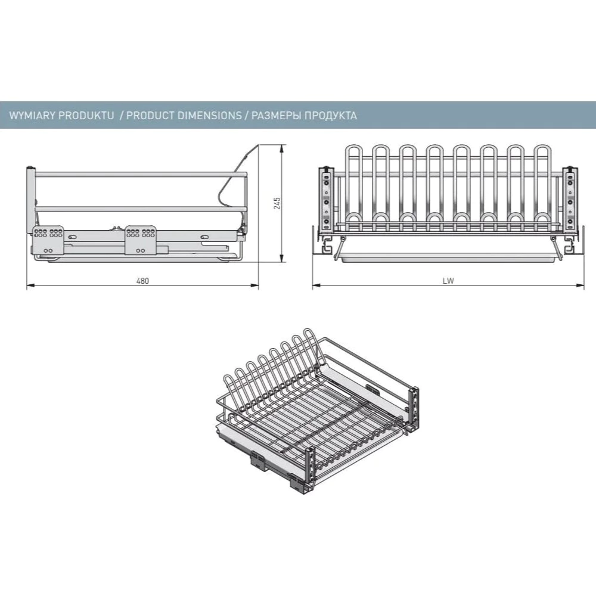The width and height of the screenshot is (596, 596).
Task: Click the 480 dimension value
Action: point(142,281)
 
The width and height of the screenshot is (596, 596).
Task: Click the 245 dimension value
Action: point(277,203)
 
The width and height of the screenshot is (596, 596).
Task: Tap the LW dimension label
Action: point(448,281)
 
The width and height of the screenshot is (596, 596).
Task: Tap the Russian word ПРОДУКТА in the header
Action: point(331,115)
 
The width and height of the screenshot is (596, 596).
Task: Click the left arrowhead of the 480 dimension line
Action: point(30,285)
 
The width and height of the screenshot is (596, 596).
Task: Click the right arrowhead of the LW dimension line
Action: point(581,285)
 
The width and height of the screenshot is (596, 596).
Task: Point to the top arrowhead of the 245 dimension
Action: point(282,148)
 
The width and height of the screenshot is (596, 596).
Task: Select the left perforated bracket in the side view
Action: point(48,240)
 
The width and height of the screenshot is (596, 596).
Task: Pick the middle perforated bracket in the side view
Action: point(141,240)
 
